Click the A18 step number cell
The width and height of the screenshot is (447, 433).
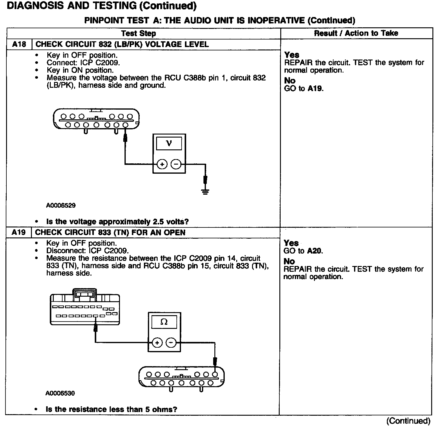tap(19, 44)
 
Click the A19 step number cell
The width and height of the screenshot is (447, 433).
tap(19, 233)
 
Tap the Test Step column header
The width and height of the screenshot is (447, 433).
tap(138, 33)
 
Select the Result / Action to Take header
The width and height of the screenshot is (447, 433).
tap(356, 33)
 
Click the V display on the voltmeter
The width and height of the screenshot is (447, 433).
tap(169, 143)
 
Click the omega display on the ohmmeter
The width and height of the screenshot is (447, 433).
tap(164, 322)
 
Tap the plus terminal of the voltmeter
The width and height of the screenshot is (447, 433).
tap(162, 165)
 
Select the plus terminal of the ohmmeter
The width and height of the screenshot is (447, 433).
tap(157, 343)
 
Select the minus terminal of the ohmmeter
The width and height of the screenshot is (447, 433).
tap(171, 343)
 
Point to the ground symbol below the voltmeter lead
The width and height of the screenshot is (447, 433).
tap(206, 191)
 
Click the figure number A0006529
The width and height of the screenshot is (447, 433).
tap(61, 206)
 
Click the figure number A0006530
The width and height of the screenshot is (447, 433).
tap(60, 394)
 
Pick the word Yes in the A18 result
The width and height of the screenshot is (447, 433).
tap(292, 55)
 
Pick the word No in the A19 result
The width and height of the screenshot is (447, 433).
tap(289, 261)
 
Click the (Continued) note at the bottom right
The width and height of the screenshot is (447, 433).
tap(408, 421)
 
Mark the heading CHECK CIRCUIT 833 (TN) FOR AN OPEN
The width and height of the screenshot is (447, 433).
tap(110, 233)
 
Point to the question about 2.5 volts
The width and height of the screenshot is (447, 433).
tap(118, 222)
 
